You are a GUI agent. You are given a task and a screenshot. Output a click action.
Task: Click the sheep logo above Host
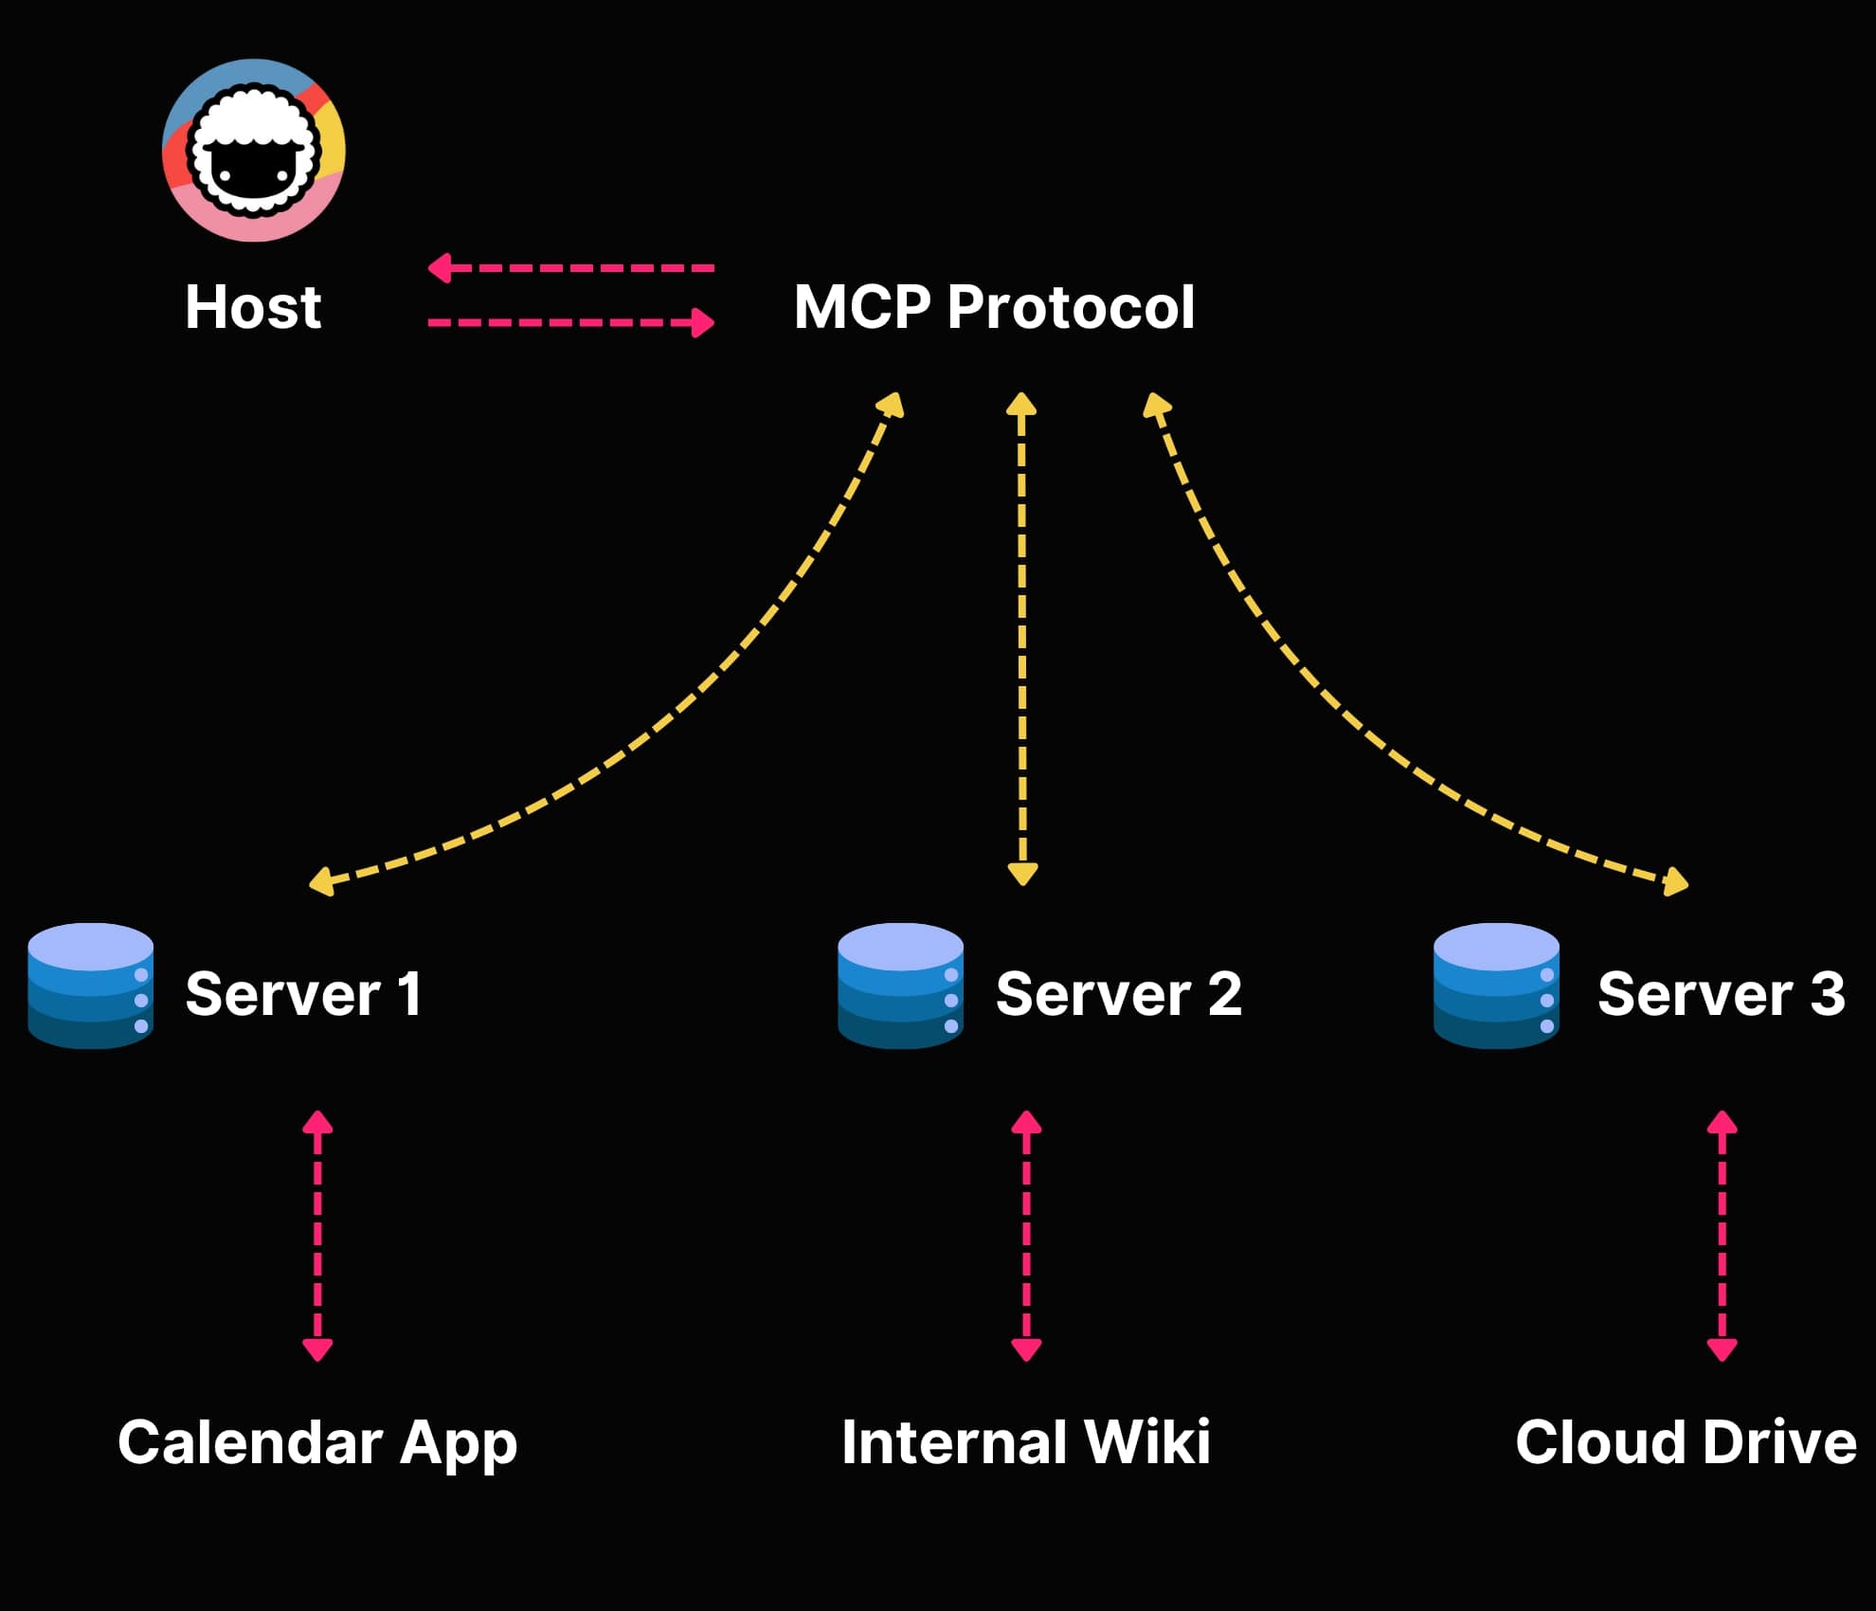(x=254, y=150)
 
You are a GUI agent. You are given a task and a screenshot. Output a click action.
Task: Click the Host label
(x=253, y=308)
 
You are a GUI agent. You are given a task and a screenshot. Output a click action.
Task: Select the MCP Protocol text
(x=994, y=308)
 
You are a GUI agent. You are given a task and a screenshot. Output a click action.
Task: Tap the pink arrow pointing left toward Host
(x=570, y=268)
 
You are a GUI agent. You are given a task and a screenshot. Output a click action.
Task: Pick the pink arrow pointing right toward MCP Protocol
(x=570, y=322)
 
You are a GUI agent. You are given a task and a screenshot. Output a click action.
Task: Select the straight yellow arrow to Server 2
(x=1021, y=640)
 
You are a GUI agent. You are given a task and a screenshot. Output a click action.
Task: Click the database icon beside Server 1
(x=91, y=986)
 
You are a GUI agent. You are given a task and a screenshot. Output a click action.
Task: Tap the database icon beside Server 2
(x=900, y=986)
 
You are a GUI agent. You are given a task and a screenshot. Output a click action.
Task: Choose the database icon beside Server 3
(x=1496, y=986)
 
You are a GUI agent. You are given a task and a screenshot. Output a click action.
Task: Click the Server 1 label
(x=303, y=994)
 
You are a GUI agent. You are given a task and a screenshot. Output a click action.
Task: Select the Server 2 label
(x=1118, y=994)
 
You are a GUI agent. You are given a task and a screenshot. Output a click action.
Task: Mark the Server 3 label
(x=1721, y=994)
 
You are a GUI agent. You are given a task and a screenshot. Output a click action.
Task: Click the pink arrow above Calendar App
(x=317, y=1236)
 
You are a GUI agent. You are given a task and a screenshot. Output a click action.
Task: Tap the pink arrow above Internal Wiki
(x=1026, y=1236)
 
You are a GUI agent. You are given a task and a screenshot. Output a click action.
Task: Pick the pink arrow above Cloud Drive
(x=1722, y=1236)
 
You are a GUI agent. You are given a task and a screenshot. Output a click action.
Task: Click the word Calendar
(x=250, y=1442)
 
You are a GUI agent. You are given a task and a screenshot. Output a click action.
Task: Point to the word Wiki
(x=1146, y=1442)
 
